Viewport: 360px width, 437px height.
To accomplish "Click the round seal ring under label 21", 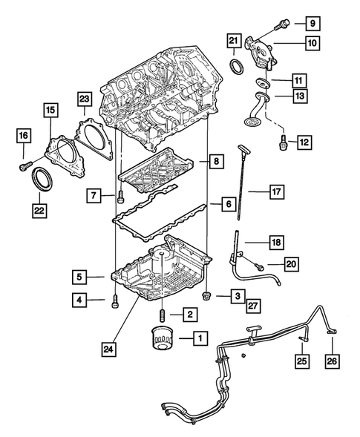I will (x=237, y=68).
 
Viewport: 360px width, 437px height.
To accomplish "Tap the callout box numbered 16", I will (x=23, y=135).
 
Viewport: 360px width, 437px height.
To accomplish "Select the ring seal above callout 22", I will (x=41, y=180).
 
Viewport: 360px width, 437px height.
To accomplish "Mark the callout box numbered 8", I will (x=214, y=160).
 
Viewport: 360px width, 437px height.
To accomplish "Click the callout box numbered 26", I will (x=332, y=361).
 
